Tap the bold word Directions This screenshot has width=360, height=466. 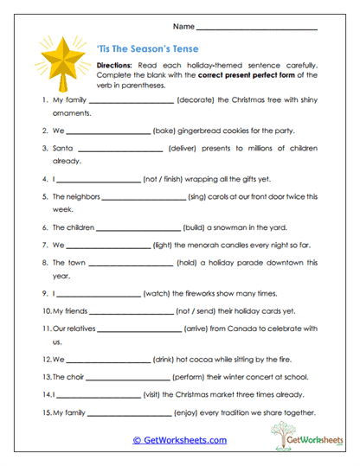tap(113, 66)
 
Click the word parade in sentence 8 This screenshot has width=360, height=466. tap(257, 262)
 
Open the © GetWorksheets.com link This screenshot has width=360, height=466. tap(179, 440)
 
